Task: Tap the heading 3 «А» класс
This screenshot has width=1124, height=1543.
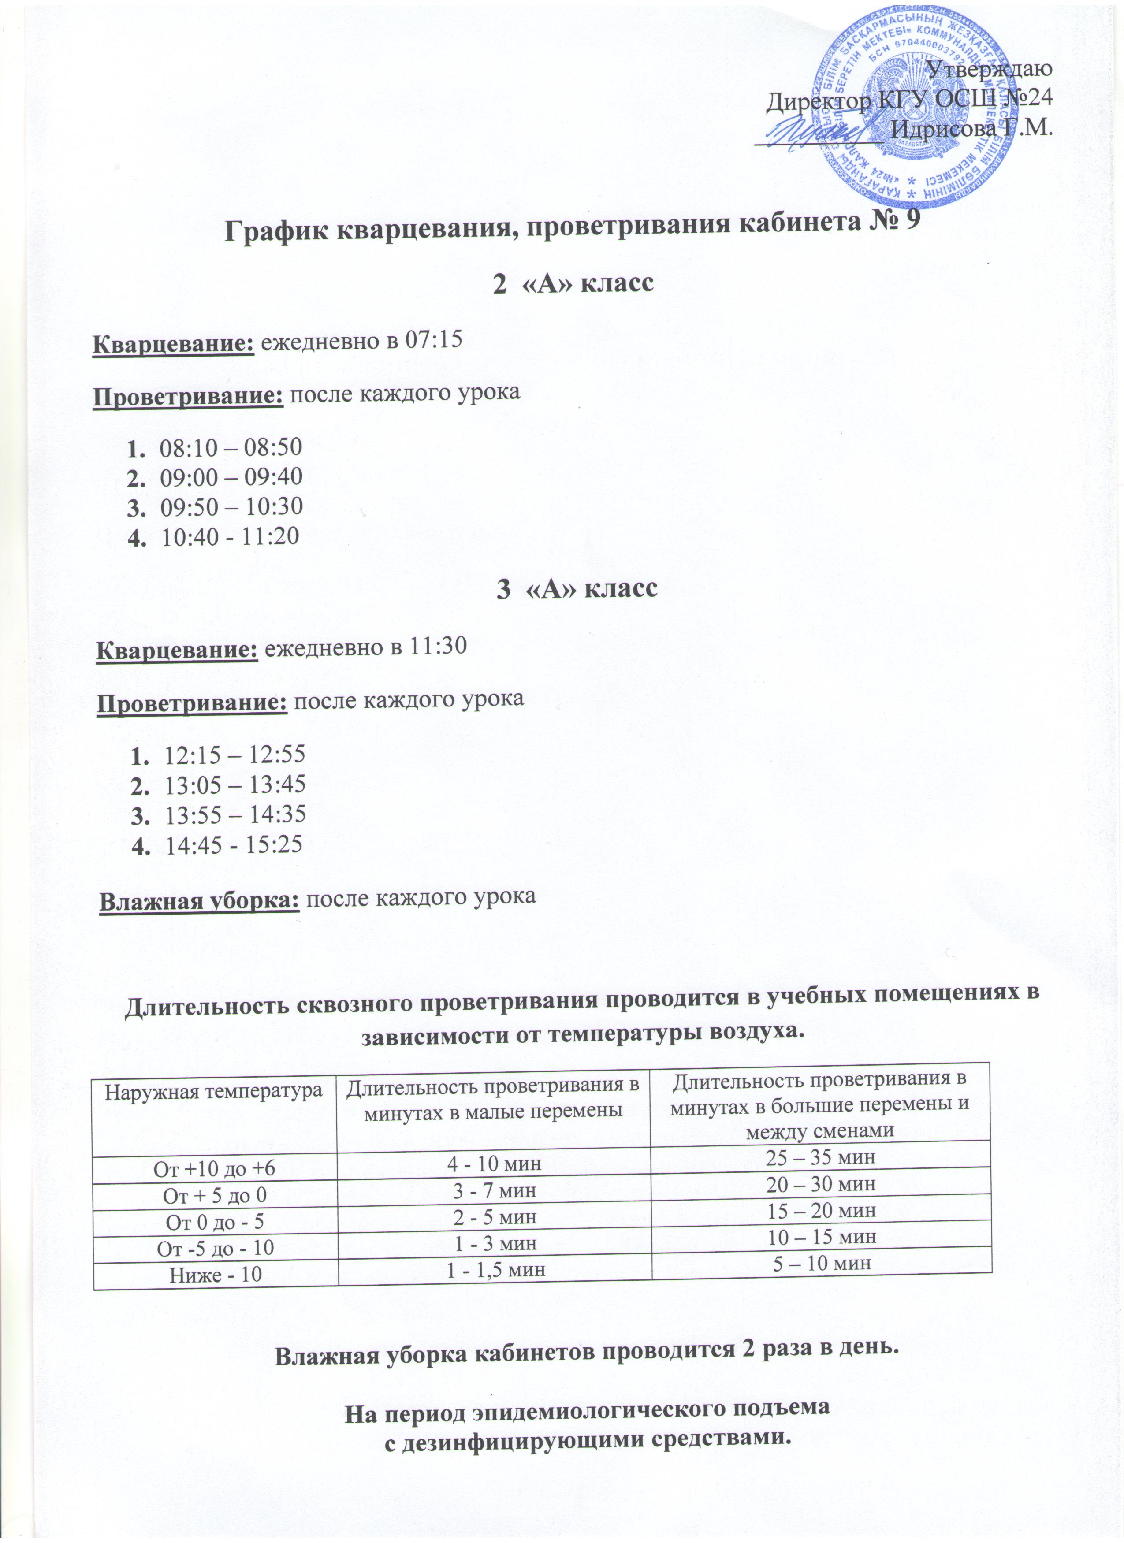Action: (x=578, y=588)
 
